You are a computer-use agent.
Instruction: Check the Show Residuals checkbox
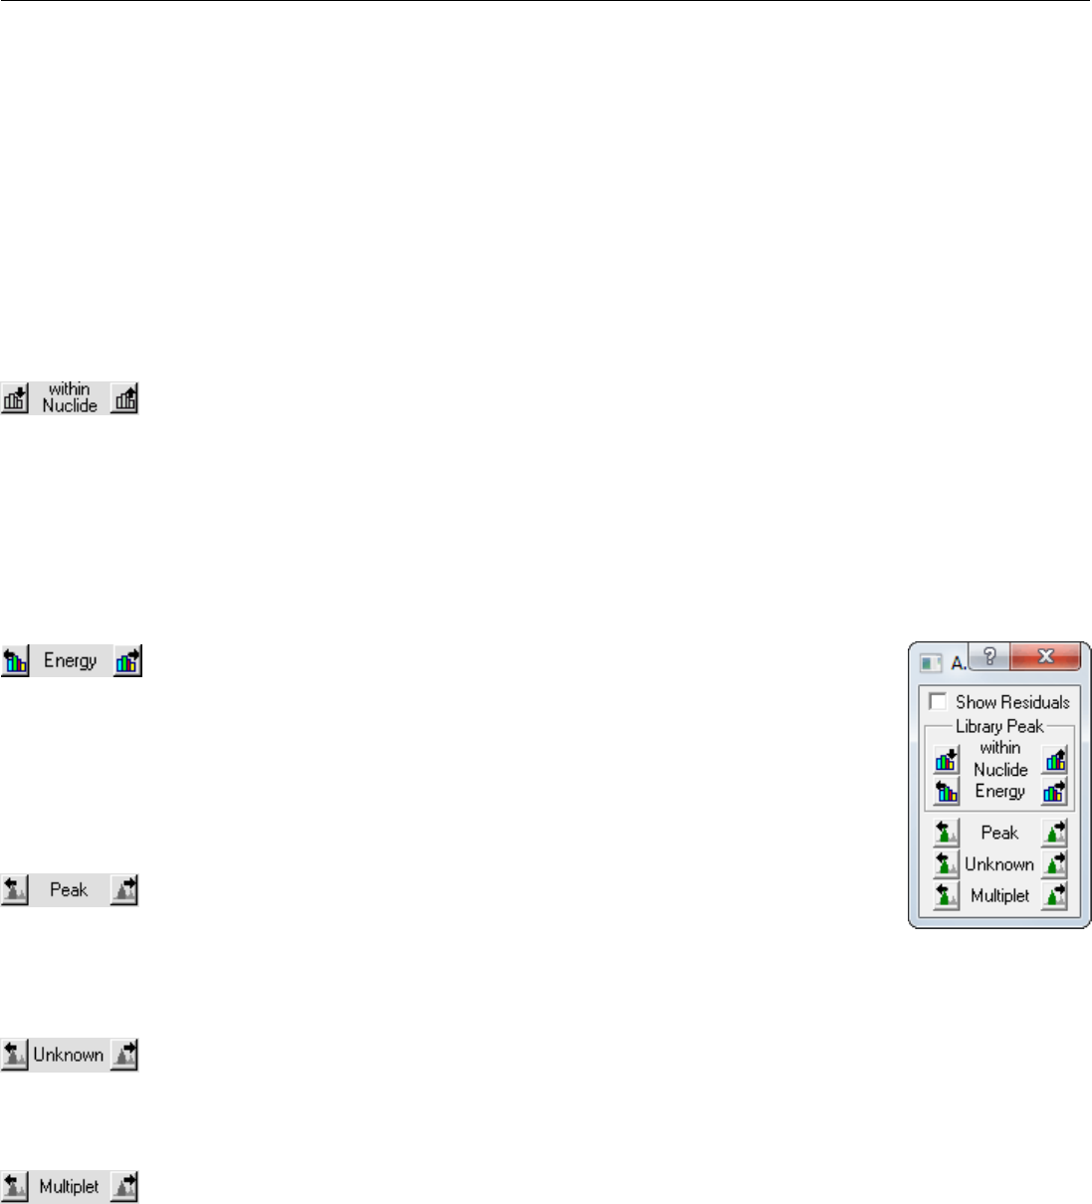pyautogui.click(x=938, y=702)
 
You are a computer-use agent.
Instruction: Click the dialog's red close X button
pyautogui.click(x=1045, y=656)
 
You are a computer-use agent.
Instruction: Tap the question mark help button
pyautogui.click(x=989, y=656)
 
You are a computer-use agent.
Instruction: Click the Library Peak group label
pyautogui.click(x=999, y=726)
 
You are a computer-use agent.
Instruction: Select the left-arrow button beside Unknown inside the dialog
pyautogui.click(x=946, y=863)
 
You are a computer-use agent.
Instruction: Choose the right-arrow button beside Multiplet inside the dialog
pyautogui.click(x=1054, y=895)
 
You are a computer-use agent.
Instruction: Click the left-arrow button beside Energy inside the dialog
pyautogui.click(x=946, y=792)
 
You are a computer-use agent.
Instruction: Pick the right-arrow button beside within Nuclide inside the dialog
pyautogui.click(x=1054, y=761)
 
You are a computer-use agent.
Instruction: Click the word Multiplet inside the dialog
pyautogui.click(x=999, y=895)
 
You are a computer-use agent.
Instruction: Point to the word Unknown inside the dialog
pyautogui.click(x=999, y=863)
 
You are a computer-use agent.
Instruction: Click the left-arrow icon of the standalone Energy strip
pyautogui.click(x=15, y=661)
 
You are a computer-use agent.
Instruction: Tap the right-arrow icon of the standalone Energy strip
pyautogui.click(x=127, y=661)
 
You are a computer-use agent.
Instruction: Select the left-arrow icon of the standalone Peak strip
pyautogui.click(x=15, y=890)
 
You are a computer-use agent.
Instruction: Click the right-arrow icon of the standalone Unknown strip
pyautogui.click(x=123, y=1055)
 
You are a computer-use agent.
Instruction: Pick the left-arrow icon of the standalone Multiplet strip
pyautogui.click(x=15, y=1186)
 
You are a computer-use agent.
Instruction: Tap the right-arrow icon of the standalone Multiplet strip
pyautogui.click(x=123, y=1186)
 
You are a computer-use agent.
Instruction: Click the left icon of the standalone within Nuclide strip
pyautogui.click(x=15, y=398)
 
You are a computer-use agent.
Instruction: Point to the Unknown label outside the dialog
pyautogui.click(x=69, y=1055)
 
